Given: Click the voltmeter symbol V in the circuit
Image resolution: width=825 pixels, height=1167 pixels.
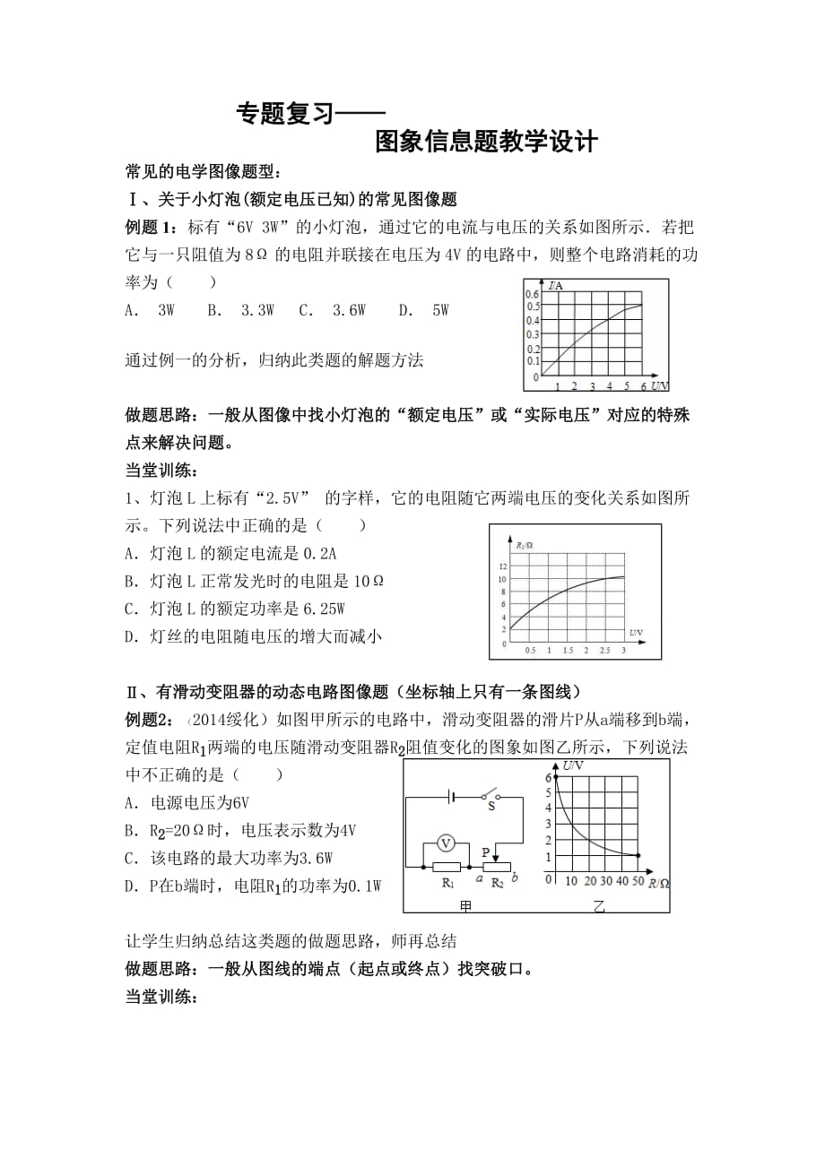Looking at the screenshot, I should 441,843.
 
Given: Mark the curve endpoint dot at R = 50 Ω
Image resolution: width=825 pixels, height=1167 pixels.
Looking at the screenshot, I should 638,856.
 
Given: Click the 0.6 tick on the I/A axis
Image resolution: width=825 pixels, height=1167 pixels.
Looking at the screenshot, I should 533,294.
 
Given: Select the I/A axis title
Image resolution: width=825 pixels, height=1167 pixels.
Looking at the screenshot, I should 556,286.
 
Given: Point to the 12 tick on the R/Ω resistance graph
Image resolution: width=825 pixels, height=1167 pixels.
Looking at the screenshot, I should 503,566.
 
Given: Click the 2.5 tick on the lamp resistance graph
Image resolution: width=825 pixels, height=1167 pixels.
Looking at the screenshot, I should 604,649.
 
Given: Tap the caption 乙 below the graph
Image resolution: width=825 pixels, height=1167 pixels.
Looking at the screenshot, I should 599,906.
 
